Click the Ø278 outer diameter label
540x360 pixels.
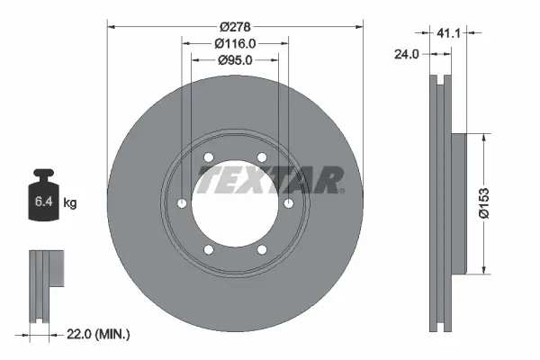[x=235, y=26]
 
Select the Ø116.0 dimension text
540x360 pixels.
[x=235, y=43]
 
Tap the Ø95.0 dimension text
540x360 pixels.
[x=235, y=60]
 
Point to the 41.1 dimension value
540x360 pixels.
[x=448, y=33]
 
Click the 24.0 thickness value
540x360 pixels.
[x=407, y=54]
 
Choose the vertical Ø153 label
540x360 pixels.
[x=484, y=203]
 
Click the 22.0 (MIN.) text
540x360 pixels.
[x=98, y=334]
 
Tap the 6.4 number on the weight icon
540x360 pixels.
[x=44, y=202]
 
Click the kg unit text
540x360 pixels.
[x=70, y=202]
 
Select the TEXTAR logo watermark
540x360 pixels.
[x=271, y=180]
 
